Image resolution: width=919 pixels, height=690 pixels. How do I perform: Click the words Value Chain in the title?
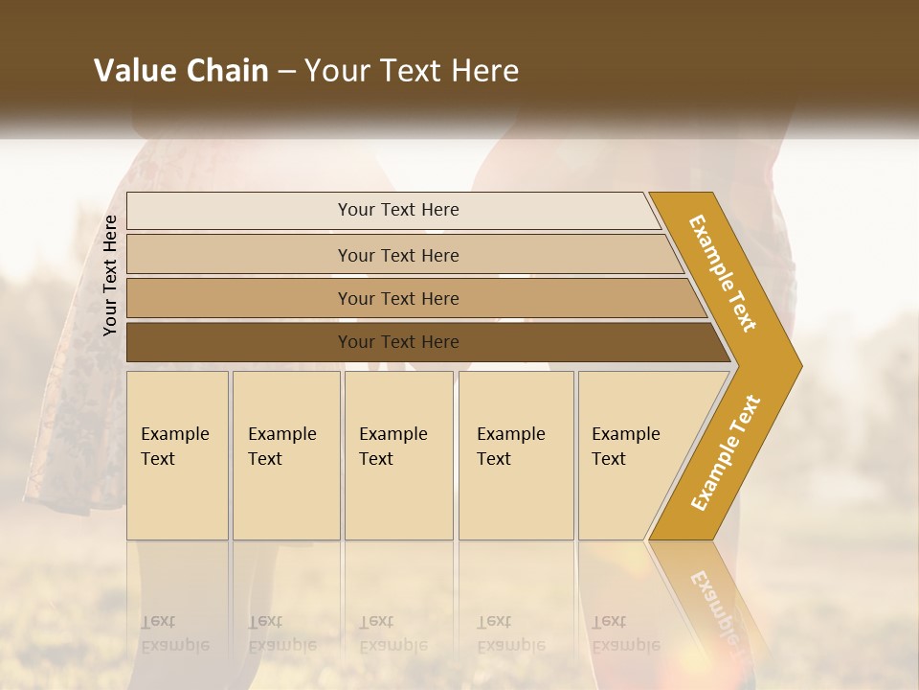181,71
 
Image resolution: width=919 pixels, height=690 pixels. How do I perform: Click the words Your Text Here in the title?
412,71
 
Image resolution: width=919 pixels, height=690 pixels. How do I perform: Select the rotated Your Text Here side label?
110,275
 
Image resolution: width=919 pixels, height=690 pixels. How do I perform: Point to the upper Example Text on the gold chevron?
723,273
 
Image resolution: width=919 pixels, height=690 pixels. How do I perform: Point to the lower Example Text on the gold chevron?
726,452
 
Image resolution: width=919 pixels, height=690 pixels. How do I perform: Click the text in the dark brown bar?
398,342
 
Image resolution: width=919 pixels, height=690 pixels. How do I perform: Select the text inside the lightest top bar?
398,210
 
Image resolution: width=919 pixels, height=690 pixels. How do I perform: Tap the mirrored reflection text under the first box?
174,633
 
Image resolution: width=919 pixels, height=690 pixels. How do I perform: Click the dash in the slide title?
286,71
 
